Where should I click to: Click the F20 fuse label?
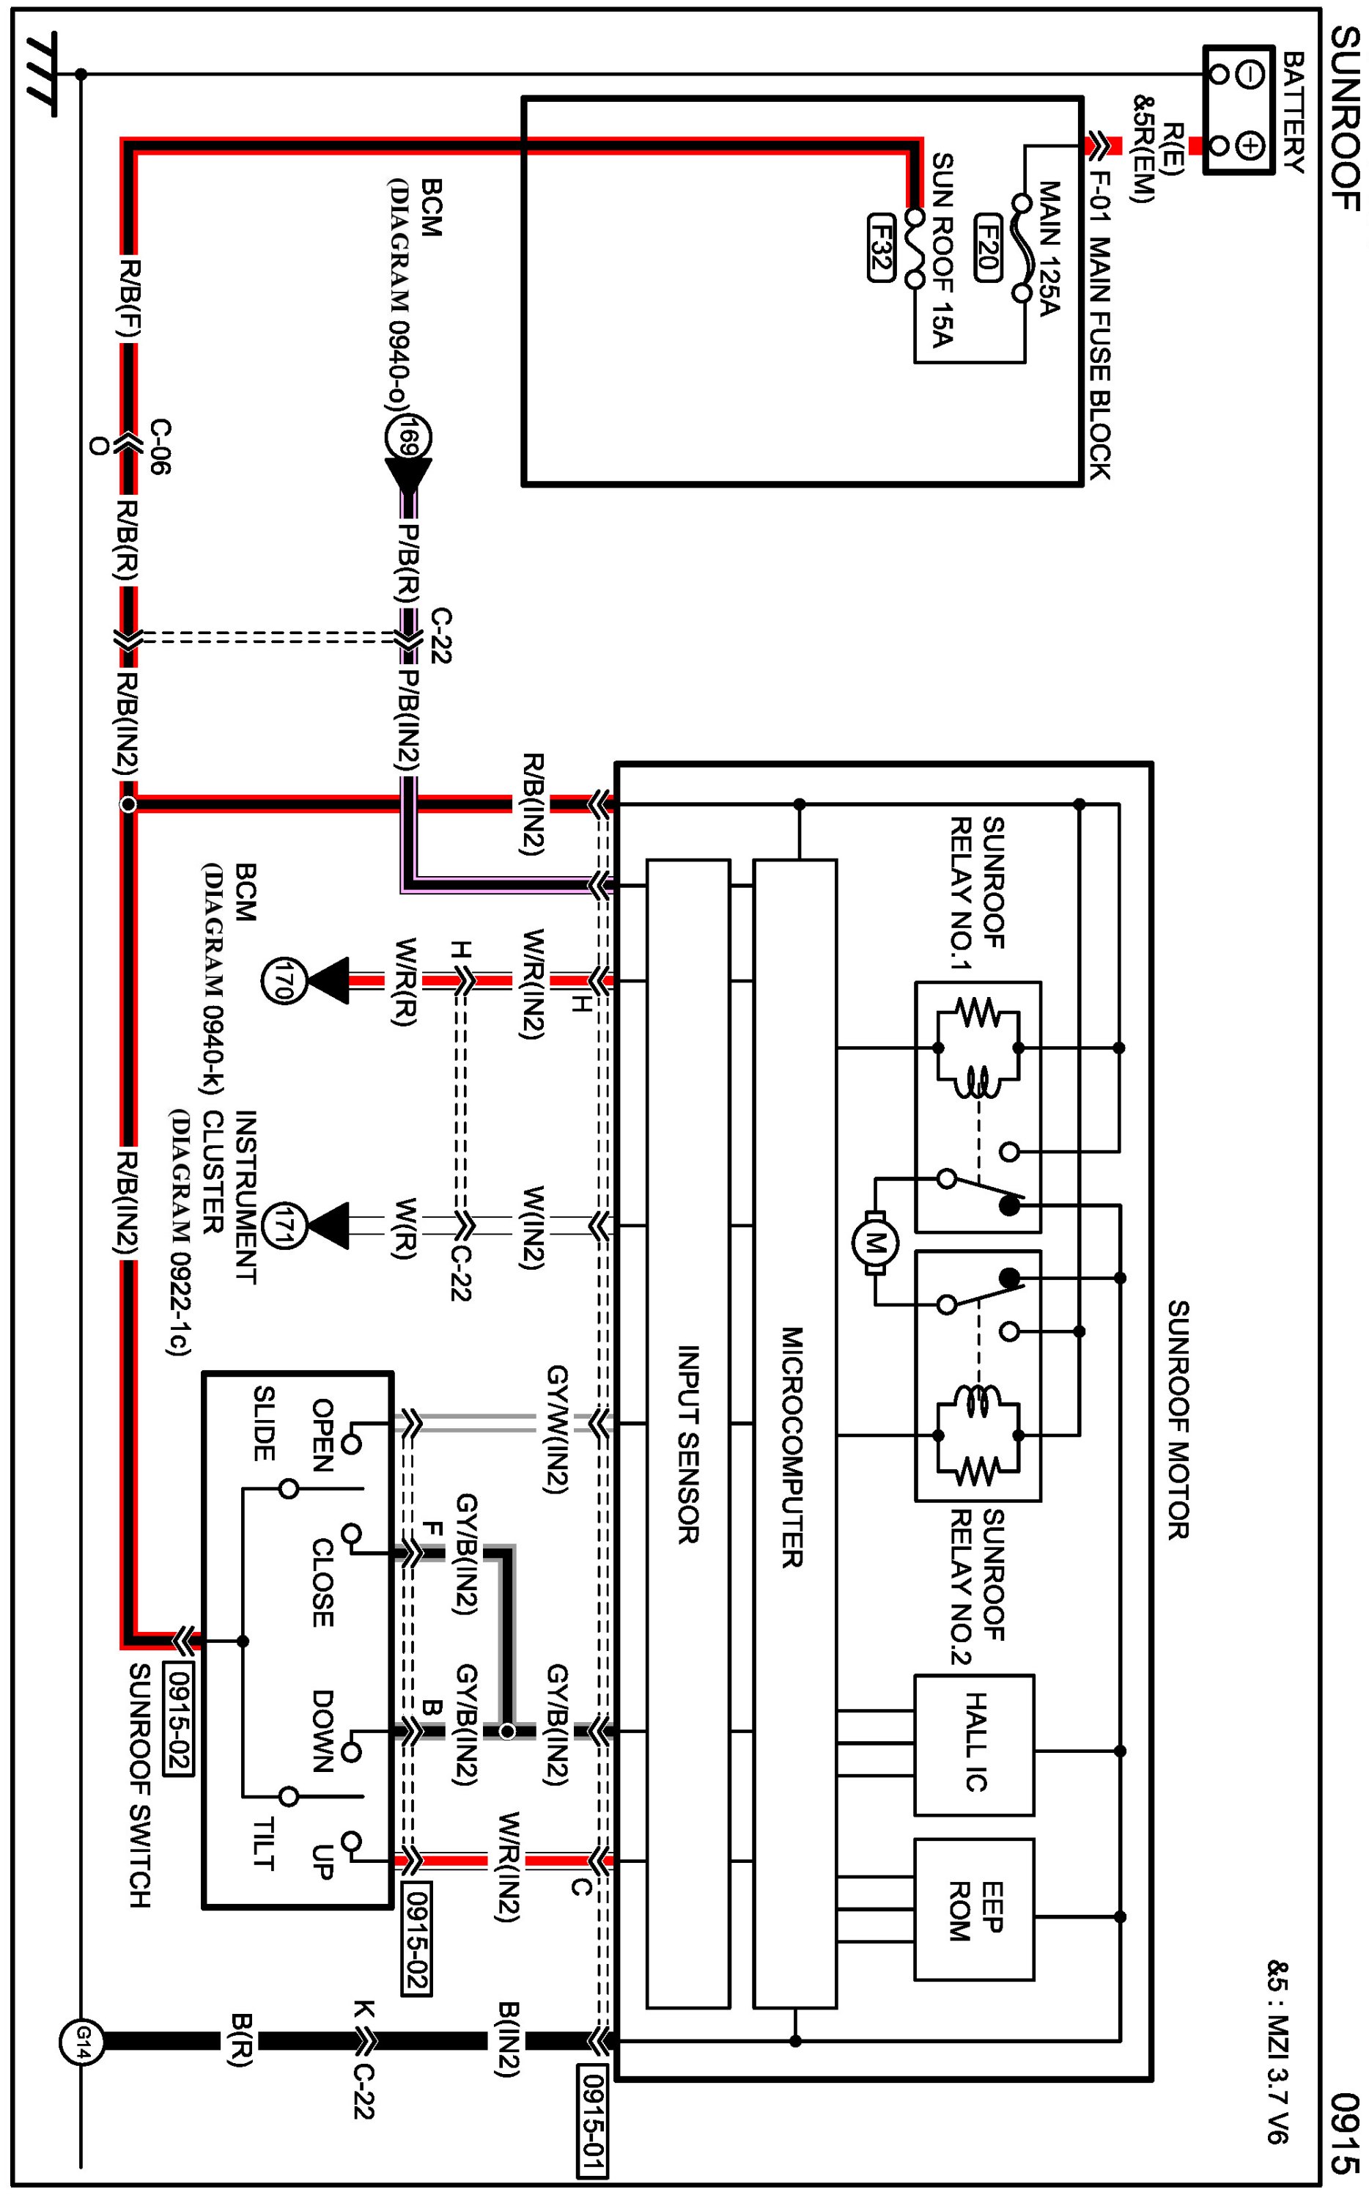click(x=987, y=247)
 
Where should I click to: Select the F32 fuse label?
click(x=881, y=247)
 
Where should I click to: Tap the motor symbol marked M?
click(x=874, y=1243)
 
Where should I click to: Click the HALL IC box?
click(x=974, y=1745)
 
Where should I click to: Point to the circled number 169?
click(x=408, y=438)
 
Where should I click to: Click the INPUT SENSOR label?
click(x=689, y=1444)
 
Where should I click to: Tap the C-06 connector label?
click(x=160, y=446)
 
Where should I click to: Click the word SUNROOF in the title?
click(x=1345, y=119)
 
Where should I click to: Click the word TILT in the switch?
click(x=264, y=1844)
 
